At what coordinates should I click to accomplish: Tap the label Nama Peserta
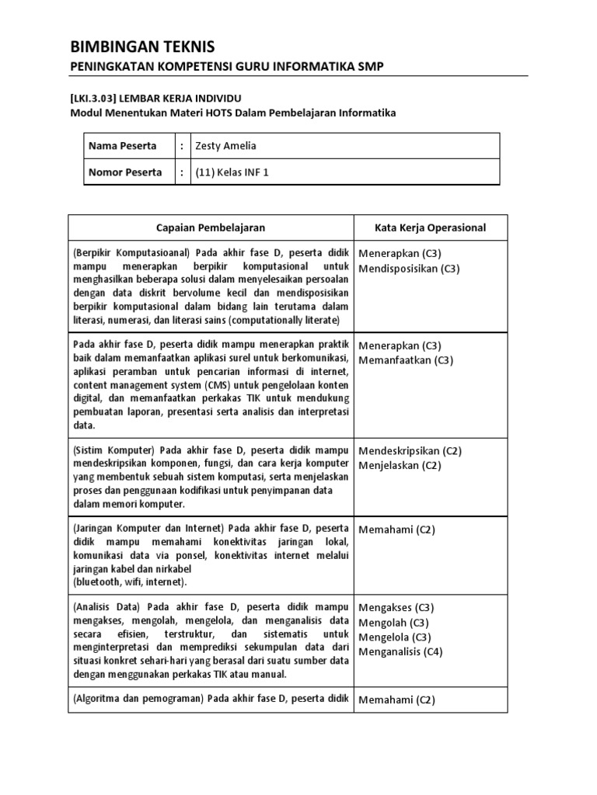[x=122, y=146]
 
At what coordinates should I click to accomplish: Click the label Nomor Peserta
[x=125, y=172]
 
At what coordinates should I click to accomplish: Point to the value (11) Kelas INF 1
[x=232, y=172]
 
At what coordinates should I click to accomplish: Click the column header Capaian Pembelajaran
[x=210, y=227]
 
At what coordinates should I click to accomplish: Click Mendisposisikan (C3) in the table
[x=409, y=269]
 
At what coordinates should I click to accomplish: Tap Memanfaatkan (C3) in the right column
[x=406, y=360]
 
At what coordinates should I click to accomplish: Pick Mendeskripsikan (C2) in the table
[x=410, y=450]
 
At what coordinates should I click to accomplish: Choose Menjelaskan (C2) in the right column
[x=400, y=466]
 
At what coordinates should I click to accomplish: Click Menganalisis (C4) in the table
[x=401, y=652]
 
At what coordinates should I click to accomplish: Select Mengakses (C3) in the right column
[x=396, y=607]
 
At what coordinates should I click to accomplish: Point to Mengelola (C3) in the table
[x=395, y=637]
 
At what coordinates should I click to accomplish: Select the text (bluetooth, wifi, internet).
[x=130, y=581]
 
